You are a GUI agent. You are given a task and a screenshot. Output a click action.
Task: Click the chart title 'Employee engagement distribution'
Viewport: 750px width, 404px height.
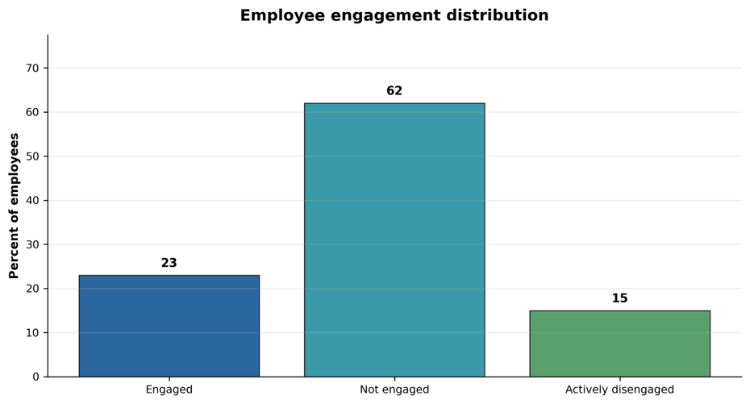394,15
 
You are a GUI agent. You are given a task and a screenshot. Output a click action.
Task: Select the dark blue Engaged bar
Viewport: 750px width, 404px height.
169,326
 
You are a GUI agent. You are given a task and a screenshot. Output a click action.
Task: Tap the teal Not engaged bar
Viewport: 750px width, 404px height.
394,240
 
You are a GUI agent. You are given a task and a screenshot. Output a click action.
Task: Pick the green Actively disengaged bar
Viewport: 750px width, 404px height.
620,344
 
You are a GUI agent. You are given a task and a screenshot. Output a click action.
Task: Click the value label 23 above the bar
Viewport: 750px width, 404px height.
169,263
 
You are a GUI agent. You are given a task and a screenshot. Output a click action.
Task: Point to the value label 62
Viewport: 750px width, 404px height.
394,91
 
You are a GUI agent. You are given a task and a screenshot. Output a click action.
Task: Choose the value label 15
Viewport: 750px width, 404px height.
620,298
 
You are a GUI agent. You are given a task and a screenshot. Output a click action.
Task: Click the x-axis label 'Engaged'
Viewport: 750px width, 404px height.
169,389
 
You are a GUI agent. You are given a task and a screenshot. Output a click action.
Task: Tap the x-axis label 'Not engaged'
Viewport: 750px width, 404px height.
394,389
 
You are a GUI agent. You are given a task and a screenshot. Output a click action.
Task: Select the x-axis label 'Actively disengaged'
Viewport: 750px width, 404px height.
620,389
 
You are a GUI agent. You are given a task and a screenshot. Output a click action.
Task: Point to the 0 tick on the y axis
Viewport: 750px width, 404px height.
35,377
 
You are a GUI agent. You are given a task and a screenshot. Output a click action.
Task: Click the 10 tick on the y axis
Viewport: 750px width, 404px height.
32,333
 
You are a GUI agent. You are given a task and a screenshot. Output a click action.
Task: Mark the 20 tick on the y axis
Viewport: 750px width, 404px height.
32,289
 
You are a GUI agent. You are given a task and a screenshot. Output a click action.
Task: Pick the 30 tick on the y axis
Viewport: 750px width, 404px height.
32,244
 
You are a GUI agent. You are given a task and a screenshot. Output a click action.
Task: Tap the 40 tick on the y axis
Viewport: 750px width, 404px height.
32,200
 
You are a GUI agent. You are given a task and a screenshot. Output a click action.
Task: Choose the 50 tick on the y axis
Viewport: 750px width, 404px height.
32,156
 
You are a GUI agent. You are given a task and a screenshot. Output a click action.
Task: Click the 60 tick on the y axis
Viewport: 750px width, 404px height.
32,112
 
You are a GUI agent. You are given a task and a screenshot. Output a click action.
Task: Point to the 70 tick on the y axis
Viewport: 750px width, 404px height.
32,69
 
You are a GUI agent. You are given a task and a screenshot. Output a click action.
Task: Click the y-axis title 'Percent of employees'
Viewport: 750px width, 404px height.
14,206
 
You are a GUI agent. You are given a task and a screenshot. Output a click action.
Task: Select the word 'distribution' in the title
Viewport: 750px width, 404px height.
498,15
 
